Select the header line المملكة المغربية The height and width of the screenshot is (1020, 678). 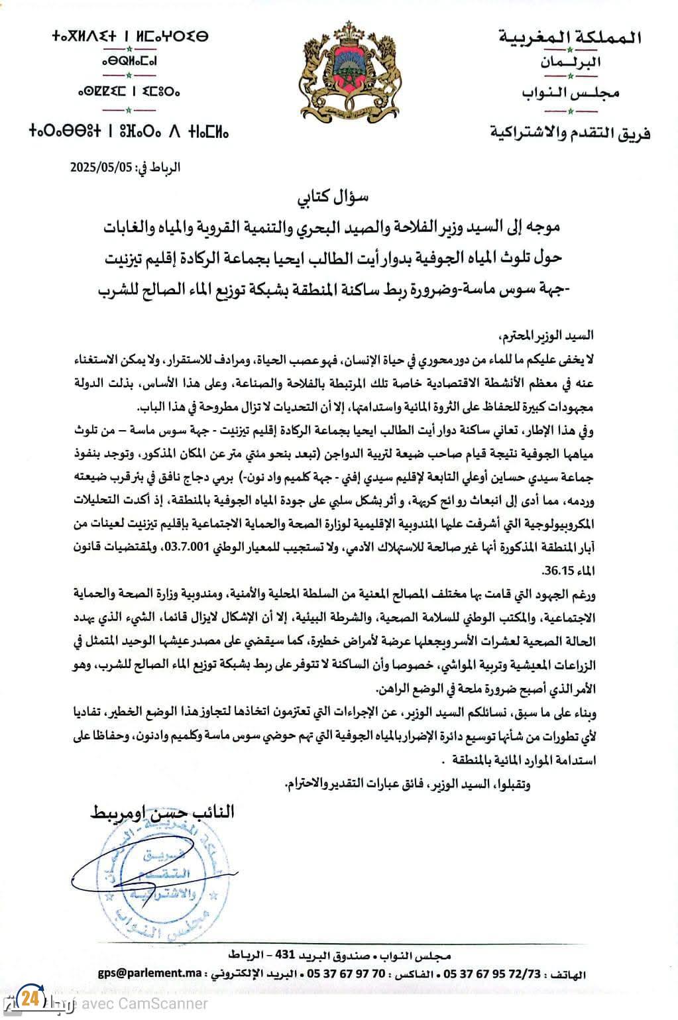[569, 37]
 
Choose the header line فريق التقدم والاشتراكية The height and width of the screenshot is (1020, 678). [569, 133]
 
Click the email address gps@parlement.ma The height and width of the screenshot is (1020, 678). [150, 974]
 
